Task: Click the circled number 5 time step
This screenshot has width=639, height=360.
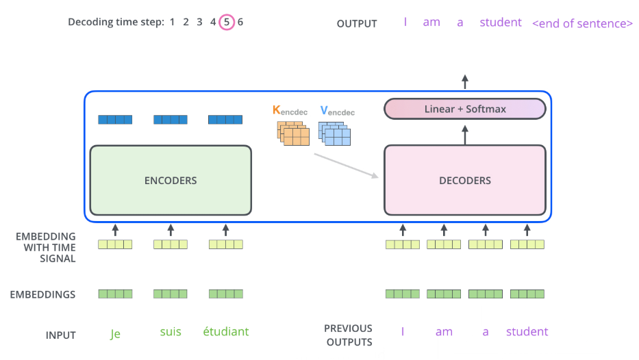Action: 227,22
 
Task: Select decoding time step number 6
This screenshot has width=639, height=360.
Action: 240,22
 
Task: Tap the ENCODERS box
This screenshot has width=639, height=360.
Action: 171,180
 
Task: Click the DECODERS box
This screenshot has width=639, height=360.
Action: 465,180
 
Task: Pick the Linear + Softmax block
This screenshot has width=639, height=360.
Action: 465,109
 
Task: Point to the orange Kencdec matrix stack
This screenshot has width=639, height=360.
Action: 293,133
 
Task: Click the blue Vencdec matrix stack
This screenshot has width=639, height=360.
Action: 335,133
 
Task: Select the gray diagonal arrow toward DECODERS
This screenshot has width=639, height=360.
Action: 347,166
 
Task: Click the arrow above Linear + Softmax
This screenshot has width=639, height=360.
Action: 465,82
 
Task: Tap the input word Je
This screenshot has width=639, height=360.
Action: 115,333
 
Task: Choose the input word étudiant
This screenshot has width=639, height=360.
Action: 226,331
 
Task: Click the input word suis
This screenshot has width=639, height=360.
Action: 171,331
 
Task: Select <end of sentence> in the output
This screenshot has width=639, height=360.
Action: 582,24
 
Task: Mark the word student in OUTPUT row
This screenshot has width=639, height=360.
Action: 501,22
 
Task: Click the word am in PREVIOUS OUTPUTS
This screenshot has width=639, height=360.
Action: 444,332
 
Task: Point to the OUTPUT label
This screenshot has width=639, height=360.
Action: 357,24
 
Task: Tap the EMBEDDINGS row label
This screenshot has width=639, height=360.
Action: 42,294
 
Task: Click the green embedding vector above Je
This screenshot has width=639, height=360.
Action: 115,294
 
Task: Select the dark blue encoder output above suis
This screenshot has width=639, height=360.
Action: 171,119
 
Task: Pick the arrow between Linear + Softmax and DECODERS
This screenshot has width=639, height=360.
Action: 465,136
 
